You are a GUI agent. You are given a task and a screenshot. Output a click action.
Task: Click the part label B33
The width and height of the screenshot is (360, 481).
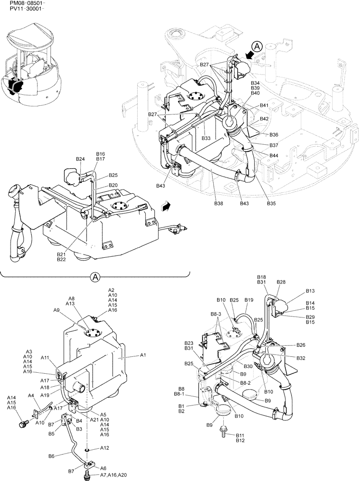(206, 138)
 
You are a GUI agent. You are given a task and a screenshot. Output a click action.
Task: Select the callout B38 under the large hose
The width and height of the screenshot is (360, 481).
(219, 203)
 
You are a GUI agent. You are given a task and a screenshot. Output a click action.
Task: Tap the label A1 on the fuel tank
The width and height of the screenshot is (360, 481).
(142, 355)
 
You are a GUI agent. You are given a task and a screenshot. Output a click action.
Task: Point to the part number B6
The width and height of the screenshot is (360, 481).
(52, 455)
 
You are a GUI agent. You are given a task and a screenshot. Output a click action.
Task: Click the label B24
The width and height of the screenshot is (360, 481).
(80, 159)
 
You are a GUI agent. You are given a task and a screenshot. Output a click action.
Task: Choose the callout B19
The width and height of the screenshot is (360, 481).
(248, 300)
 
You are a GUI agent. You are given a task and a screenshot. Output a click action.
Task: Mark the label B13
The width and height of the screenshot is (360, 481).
(310, 291)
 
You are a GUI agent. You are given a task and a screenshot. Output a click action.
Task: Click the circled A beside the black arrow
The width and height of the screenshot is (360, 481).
(257, 47)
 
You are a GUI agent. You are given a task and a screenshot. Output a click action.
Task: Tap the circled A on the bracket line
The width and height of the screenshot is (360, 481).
(95, 277)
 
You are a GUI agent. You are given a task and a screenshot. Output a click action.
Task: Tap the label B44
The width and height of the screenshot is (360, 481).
(274, 155)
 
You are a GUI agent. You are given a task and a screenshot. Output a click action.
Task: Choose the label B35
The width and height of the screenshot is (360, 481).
(271, 203)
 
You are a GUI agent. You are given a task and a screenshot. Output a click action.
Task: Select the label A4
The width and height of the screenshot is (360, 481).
(31, 395)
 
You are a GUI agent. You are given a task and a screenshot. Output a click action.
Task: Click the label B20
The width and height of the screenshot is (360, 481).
(113, 185)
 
